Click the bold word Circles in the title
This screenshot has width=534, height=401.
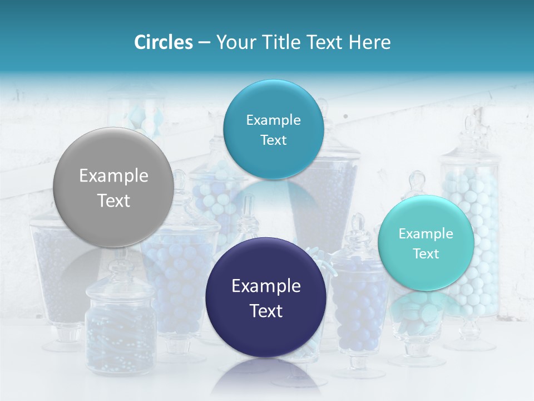[x=163, y=42]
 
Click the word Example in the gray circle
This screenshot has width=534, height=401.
[x=113, y=176]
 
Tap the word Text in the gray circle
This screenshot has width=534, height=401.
[x=113, y=200]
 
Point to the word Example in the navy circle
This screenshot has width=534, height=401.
[x=266, y=286]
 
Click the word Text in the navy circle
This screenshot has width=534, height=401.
[x=266, y=311]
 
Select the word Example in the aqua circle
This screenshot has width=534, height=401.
[x=426, y=234]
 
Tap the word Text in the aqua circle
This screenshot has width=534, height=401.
[x=426, y=254]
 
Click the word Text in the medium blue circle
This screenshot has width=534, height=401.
[x=273, y=140]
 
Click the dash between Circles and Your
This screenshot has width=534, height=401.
[x=204, y=43]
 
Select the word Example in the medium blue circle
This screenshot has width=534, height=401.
[x=273, y=120]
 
